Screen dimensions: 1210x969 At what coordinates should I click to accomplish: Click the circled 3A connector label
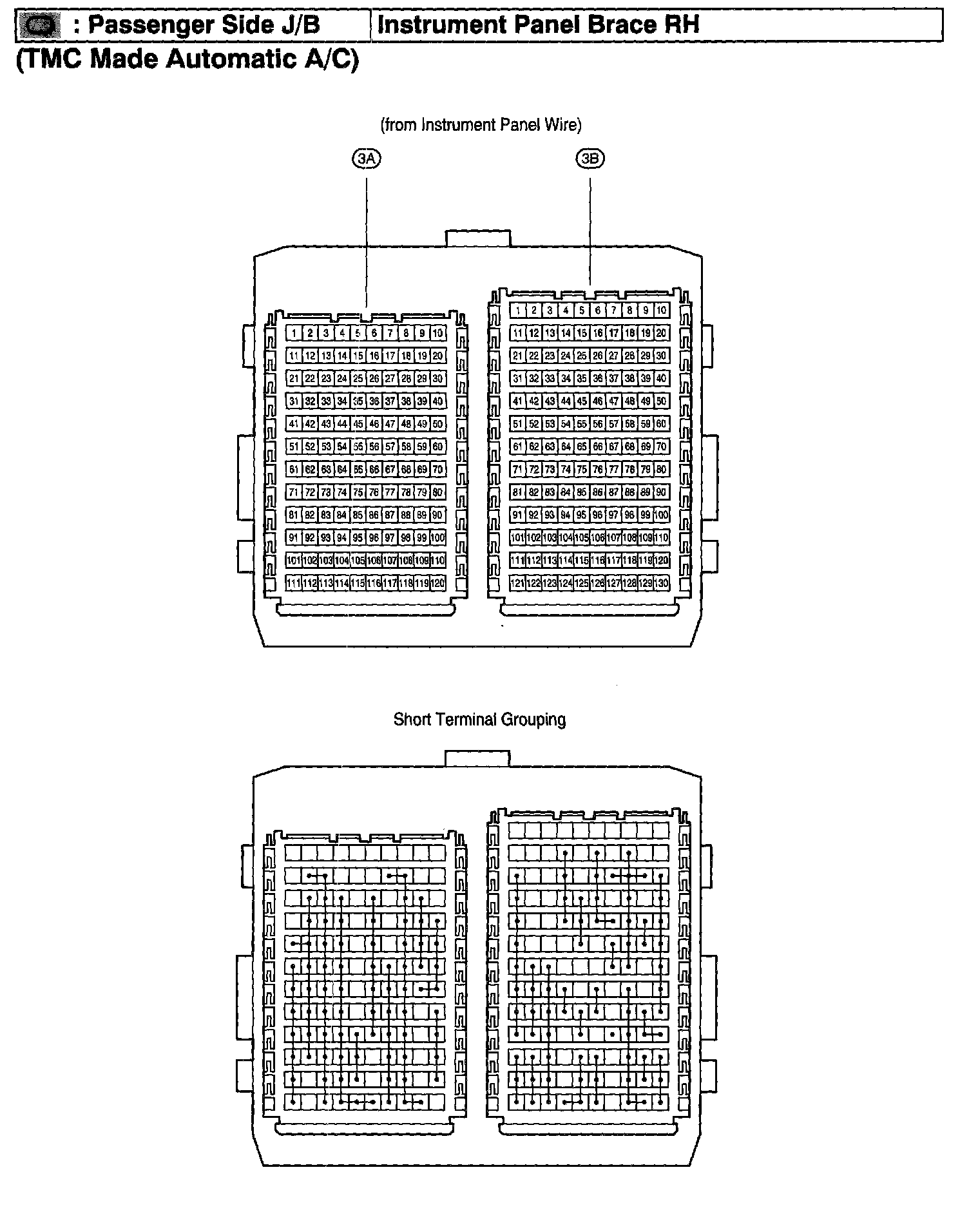(x=366, y=158)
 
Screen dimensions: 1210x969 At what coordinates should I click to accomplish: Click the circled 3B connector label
(x=590, y=158)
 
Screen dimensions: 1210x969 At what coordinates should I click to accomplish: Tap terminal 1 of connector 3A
(x=294, y=333)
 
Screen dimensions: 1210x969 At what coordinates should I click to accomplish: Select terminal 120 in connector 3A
(x=438, y=583)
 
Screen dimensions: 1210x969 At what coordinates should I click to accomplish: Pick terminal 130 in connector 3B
(x=662, y=583)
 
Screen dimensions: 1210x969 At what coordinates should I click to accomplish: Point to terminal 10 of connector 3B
(x=662, y=311)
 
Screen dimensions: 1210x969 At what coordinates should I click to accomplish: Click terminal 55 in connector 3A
(x=358, y=446)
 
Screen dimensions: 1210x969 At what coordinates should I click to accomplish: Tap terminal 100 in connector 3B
(x=662, y=515)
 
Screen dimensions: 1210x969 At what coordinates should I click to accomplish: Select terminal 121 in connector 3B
(x=517, y=583)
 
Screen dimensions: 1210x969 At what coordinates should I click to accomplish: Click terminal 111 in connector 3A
(x=294, y=583)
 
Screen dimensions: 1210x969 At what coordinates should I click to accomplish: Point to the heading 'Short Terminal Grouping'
(x=479, y=719)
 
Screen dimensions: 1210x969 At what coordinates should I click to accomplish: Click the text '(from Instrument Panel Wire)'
(x=481, y=125)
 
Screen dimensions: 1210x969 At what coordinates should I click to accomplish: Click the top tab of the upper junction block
(x=478, y=238)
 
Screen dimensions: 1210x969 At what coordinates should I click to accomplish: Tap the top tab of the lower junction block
(x=477, y=758)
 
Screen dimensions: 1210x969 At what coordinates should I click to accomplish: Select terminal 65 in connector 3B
(x=582, y=447)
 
